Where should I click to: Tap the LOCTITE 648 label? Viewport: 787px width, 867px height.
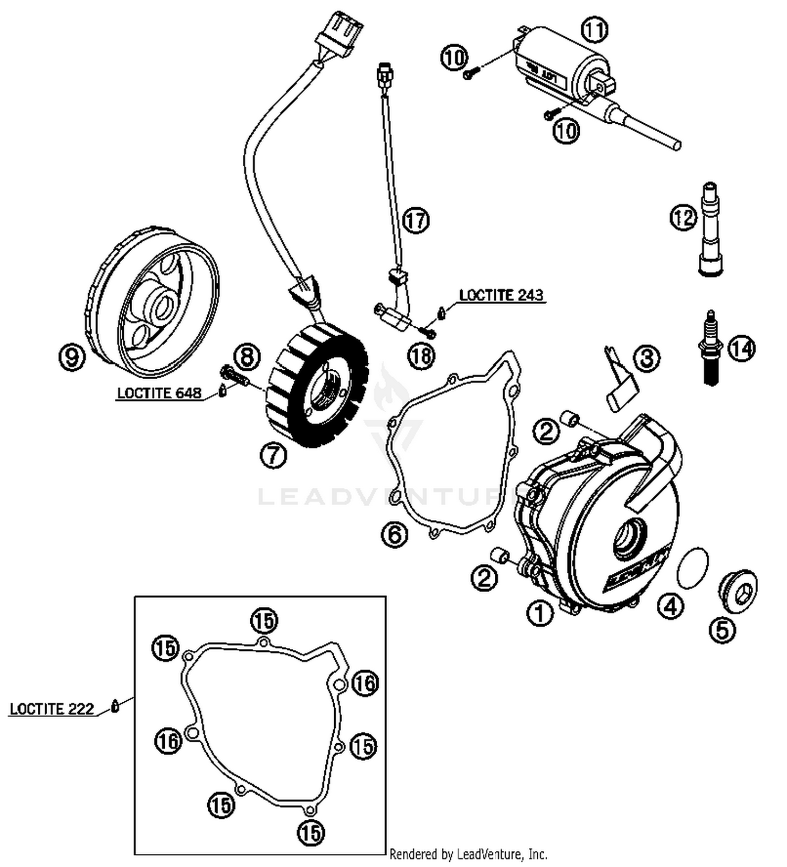159,393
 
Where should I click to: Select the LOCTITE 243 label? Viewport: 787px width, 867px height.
501,295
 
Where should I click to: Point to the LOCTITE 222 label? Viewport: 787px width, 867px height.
51,709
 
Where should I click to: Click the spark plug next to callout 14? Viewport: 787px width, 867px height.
711,347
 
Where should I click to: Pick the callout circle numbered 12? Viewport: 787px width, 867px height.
683,217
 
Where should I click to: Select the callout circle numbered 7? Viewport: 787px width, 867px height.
273,455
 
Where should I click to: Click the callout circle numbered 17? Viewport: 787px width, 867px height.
416,221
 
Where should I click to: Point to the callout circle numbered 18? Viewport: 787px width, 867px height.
421,356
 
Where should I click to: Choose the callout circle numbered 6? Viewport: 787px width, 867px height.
395,535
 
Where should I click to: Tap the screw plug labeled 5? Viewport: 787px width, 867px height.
738,592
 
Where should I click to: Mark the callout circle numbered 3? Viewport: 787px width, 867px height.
646,359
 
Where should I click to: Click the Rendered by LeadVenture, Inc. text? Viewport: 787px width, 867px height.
468,854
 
